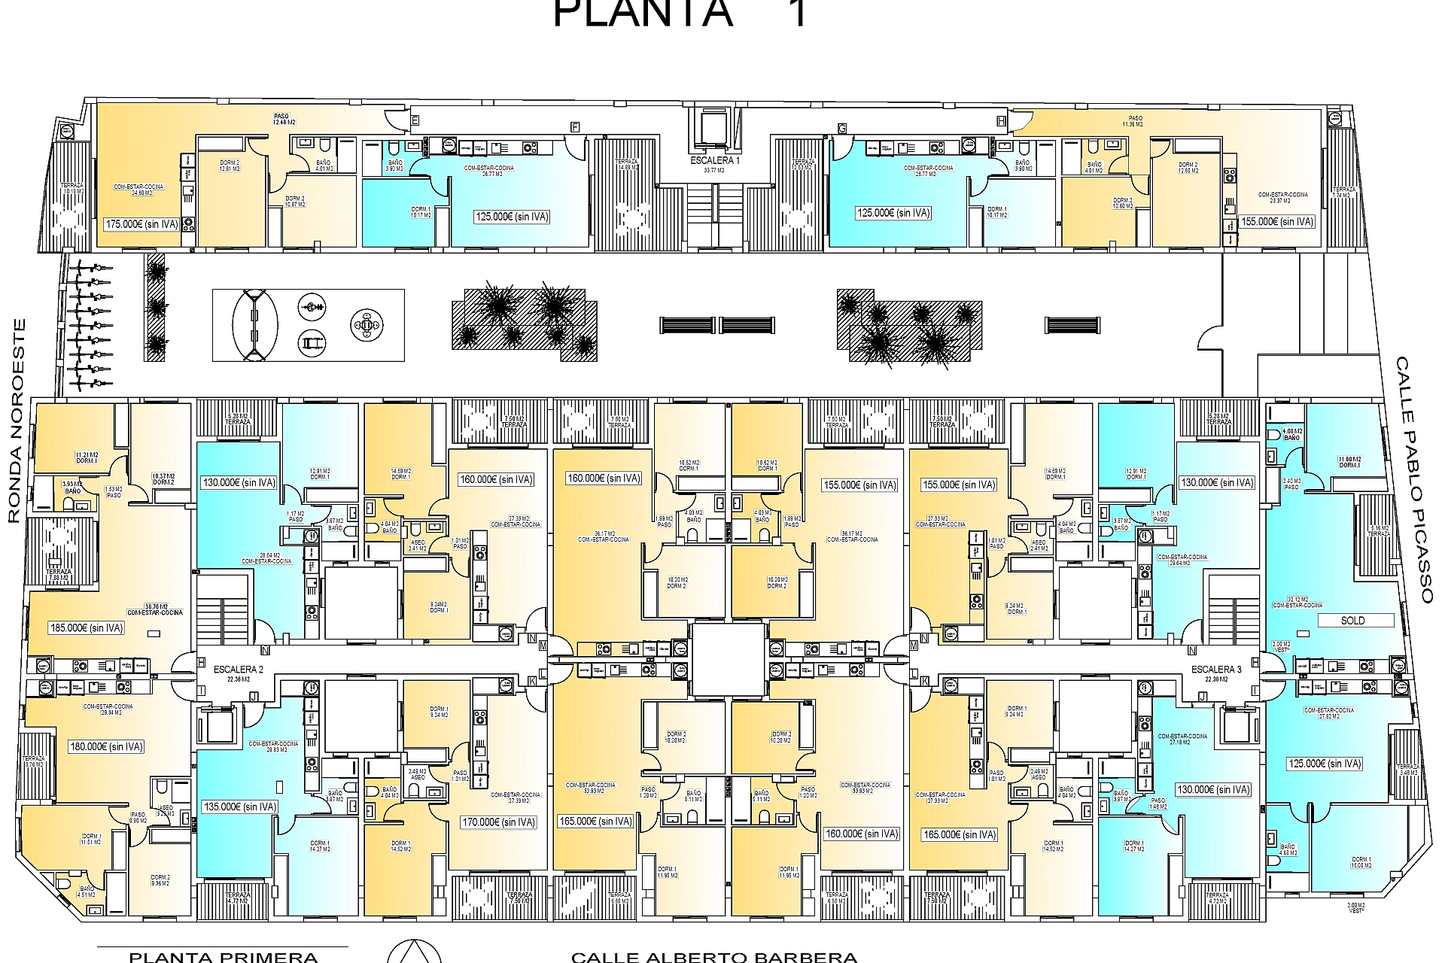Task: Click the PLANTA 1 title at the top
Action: point(681,14)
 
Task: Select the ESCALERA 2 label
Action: point(238,669)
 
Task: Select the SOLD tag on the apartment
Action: point(1352,621)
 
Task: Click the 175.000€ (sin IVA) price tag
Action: point(142,223)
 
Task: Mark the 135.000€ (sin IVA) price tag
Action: point(240,807)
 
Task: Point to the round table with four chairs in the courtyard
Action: point(367,325)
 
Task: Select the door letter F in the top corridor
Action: point(575,126)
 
